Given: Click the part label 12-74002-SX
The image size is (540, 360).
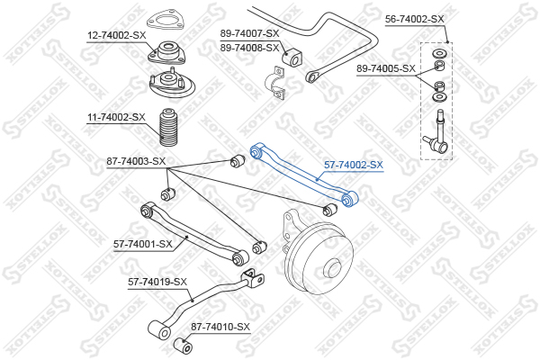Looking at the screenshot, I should click(116, 35).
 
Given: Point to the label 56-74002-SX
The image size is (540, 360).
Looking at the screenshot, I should click(415, 18).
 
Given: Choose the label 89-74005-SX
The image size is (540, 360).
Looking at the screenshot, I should click(386, 68).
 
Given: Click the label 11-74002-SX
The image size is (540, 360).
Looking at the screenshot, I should click(116, 117).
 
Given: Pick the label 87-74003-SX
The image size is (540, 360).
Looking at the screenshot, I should click(136, 162).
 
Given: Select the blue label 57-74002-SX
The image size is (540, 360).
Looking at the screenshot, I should click(354, 166).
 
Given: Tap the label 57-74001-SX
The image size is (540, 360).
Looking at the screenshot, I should click(143, 244).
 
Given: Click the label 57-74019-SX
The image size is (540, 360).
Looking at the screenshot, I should click(157, 282).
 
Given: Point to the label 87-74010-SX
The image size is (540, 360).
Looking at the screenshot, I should click(220, 327).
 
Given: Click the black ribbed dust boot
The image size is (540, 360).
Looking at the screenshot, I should click(168, 129).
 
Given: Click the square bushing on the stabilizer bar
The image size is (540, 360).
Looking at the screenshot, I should click(294, 59).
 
